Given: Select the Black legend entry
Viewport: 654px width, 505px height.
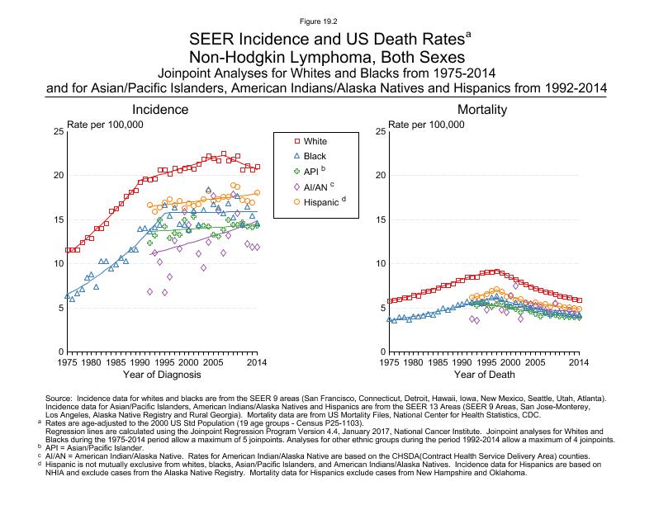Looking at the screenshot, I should coord(315,156).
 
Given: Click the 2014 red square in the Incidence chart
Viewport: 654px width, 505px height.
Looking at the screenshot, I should coord(258,167).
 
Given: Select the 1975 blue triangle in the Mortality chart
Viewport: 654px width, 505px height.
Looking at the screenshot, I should coord(389,319).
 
